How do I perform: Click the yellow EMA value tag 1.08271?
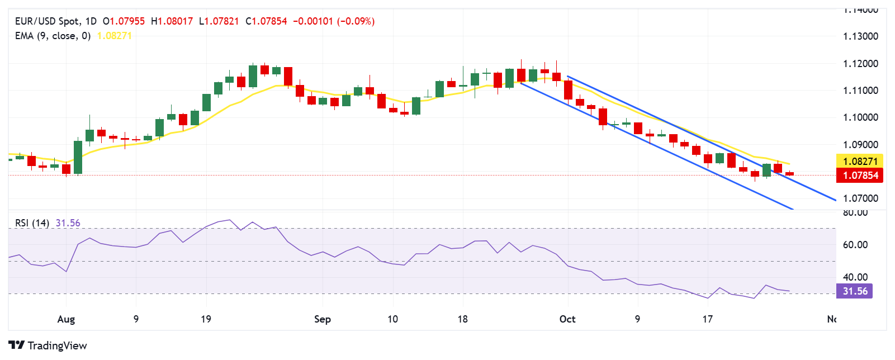tap(860, 162)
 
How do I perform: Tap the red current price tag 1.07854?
tap(860, 176)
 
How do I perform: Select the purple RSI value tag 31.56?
tap(855, 291)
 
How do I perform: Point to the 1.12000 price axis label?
tap(860, 64)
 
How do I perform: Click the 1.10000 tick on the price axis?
tap(860, 117)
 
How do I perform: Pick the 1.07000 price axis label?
tap(860, 198)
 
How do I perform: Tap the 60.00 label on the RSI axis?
tap(855, 245)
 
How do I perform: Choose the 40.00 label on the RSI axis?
tap(855, 277)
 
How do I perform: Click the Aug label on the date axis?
tap(66, 319)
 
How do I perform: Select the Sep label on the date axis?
tap(323, 319)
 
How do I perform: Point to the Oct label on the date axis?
tap(567, 319)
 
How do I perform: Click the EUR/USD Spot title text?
tap(47, 21)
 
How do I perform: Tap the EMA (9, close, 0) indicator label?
tap(53, 36)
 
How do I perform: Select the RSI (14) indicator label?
tap(32, 223)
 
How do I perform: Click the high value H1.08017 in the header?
tap(172, 21)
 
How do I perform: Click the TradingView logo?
tap(48, 345)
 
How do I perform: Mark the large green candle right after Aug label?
tap(78, 157)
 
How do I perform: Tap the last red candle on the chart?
tap(789, 174)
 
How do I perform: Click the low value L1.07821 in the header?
tap(219, 21)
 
